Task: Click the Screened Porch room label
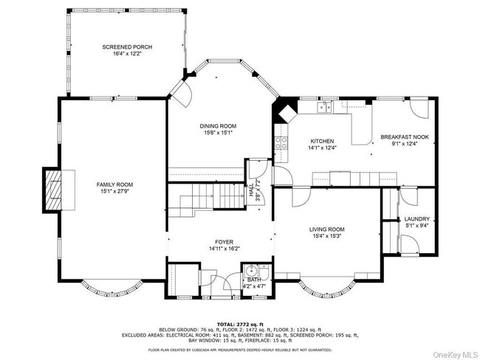click(127, 47)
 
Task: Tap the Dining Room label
click(219, 126)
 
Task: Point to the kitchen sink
click(324, 108)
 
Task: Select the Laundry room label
click(416, 219)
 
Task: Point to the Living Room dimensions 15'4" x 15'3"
click(326, 237)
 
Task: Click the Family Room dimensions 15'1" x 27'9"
click(114, 192)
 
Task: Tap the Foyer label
click(224, 242)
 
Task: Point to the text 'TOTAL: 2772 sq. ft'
click(239, 323)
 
